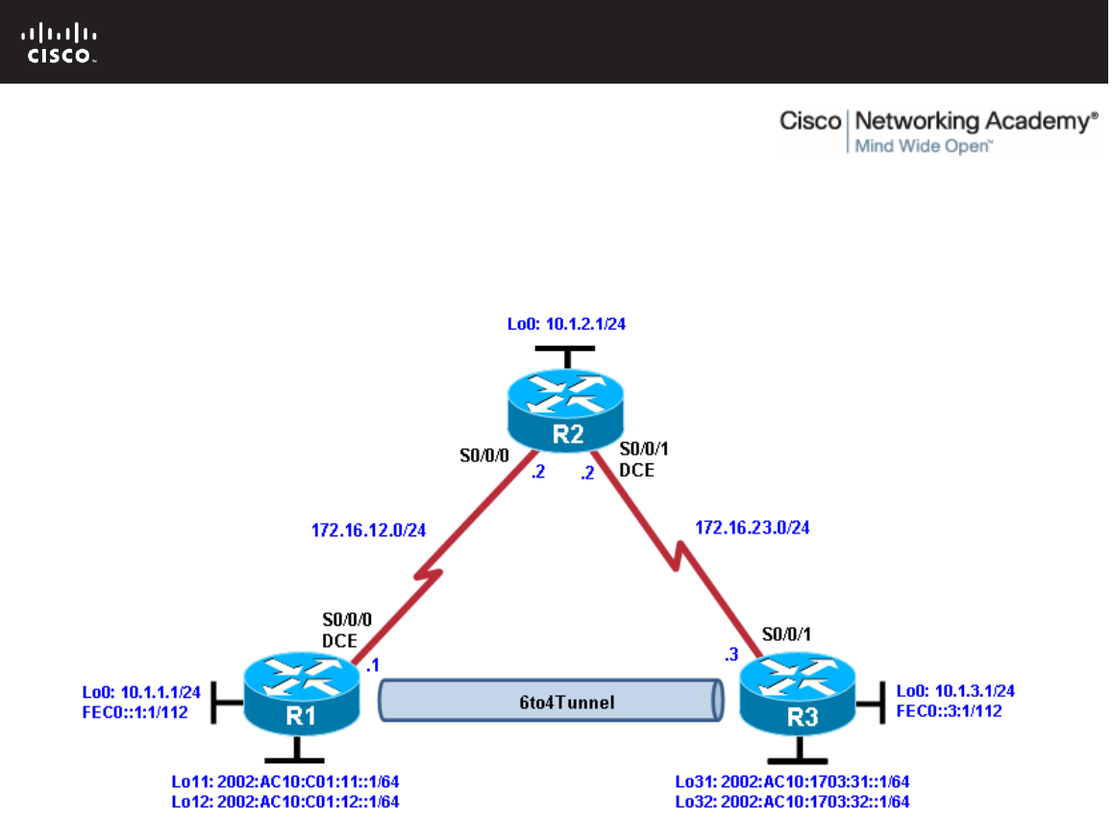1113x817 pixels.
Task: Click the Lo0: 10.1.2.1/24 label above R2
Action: pyautogui.click(x=566, y=325)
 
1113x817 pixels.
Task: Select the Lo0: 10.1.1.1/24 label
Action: pyautogui.click(x=141, y=691)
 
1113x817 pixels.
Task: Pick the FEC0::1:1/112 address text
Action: pyautogui.click(x=134, y=712)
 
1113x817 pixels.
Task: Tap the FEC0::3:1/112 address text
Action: pyautogui.click(x=948, y=711)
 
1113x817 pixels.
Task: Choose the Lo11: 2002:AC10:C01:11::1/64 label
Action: pyautogui.click(x=285, y=781)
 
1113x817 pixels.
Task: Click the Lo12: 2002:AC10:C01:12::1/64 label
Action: pyautogui.click(x=285, y=801)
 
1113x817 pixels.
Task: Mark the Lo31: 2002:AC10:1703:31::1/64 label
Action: pyautogui.click(x=792, y=781)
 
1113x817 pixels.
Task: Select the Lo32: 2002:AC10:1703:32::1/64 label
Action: pyautogui.click(x=792, y=801)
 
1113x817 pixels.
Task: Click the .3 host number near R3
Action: pyautogui.click(x=730, y=656)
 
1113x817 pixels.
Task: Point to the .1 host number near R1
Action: pyautogui.click(x=375, y=664)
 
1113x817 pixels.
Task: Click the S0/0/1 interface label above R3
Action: pyautogui.click(x=784, y=633)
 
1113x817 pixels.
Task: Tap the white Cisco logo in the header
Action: pyautogui.click(x=60, y=43)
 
